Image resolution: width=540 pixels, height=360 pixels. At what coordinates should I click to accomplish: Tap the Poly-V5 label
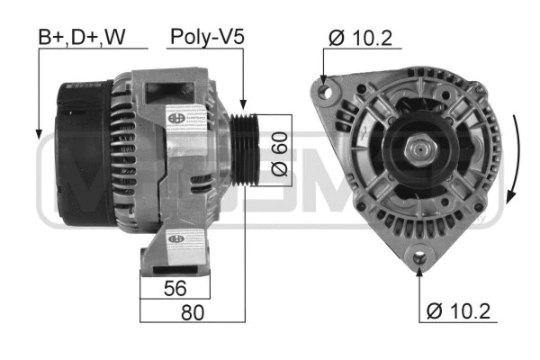pos(207,37)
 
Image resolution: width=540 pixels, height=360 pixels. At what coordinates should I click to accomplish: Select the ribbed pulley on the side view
pos(245,149)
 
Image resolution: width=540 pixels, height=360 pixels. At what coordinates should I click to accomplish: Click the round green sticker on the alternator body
pos(173,116)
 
